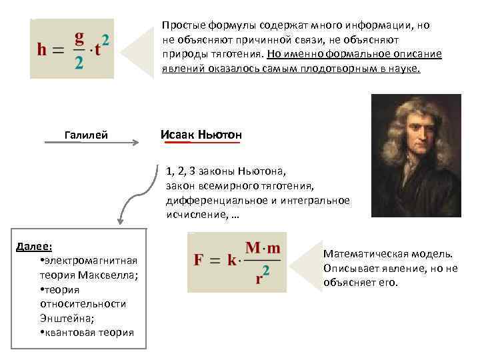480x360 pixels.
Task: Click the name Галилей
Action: tap(85, 136)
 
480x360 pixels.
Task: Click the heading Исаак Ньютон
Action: tap(201, 135)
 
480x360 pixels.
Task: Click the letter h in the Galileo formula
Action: tap(43, 50)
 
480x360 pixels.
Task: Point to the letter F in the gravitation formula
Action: tap(198, 259)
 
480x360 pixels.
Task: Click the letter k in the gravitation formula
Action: tap(232, 259)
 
